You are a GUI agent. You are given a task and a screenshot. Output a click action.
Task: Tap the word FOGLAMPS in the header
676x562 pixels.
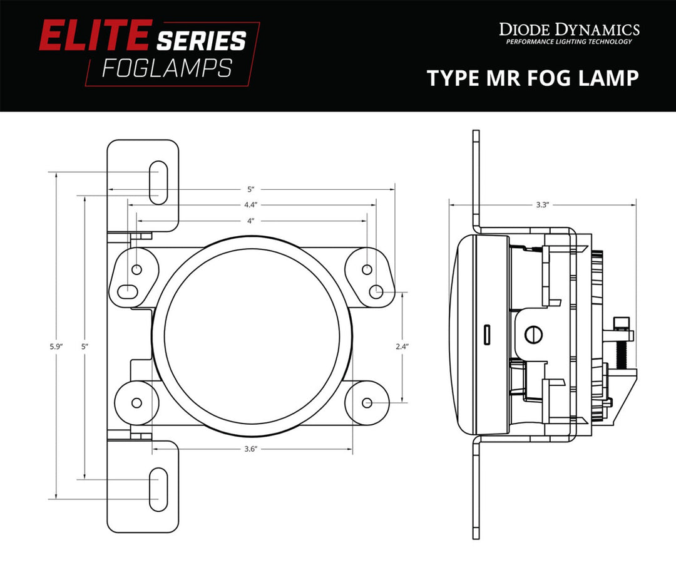pos(167,68)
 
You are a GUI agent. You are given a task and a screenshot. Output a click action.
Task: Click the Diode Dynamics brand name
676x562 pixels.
pos(568,29)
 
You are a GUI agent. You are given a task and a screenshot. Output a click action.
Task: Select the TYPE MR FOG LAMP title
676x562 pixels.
pos(533,78)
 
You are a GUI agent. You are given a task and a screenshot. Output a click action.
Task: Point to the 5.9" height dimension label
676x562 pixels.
pos(57,346)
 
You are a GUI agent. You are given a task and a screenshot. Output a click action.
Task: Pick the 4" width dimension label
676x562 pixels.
pos(251,221)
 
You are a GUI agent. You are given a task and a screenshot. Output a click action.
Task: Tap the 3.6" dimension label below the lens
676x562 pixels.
pos(251,449)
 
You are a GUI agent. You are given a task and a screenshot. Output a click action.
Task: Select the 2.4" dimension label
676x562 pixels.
pos(403,346)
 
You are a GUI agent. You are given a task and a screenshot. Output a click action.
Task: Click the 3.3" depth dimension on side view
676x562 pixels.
pos(542,204)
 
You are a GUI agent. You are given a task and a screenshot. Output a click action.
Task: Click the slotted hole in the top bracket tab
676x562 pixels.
pos(158,182)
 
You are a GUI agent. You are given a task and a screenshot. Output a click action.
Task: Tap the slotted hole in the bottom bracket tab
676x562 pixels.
pos(158,487)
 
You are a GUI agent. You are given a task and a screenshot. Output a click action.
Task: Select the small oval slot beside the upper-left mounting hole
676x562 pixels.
pos(128,289)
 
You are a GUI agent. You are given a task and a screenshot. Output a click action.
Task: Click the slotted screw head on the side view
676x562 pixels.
pos(533,333)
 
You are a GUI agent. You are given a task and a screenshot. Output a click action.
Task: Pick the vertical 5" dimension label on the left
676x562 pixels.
pos(84,346)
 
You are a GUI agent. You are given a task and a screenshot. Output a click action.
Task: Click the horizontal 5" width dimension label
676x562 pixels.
pos(251,189)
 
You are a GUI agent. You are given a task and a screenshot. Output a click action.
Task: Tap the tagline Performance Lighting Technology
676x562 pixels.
pos(568,42)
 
